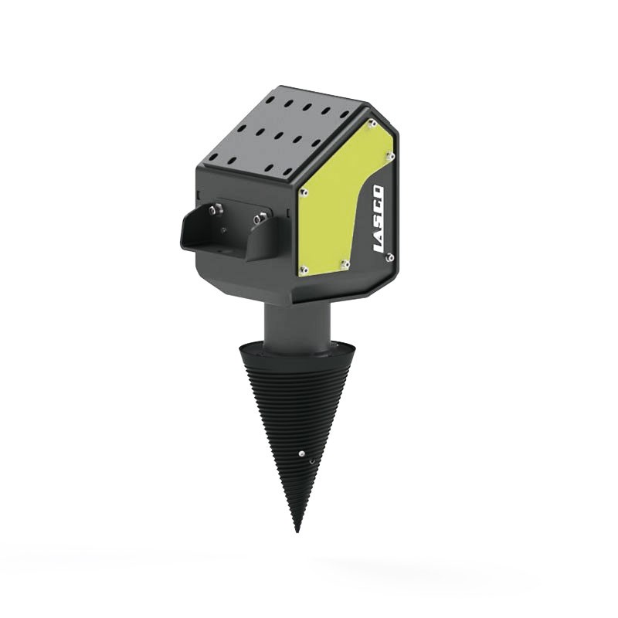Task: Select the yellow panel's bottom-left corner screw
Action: click(x=304, y=270)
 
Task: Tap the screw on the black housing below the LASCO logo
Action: click(x=389, y=257)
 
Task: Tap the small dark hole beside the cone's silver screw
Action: click(x=312, y=461)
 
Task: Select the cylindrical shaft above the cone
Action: click(x=297, y=324)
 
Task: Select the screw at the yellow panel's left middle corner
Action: click(x=303, y=188)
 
